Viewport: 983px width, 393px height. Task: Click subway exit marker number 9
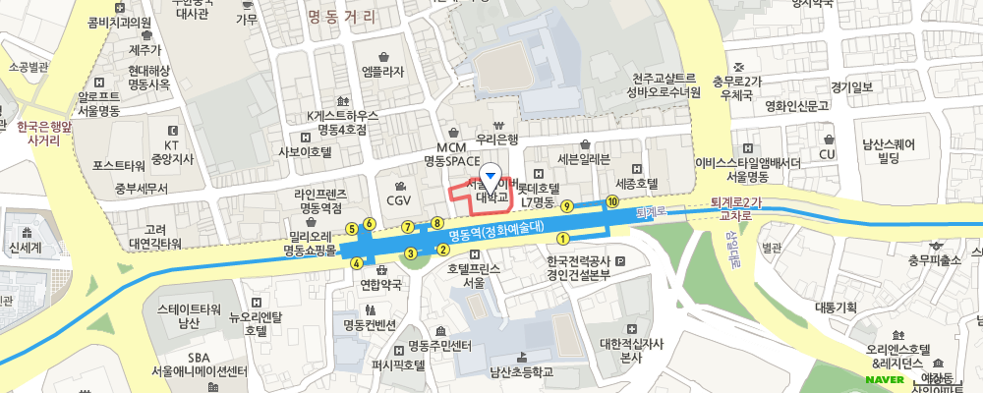coord(566,206)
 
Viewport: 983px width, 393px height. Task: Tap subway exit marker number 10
coord(612,201)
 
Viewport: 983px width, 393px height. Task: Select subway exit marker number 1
coord(563,238)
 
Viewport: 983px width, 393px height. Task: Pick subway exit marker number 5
coord(351,229)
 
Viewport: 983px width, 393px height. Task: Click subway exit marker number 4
coord(356,262)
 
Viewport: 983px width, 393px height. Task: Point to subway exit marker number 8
coord(436,224)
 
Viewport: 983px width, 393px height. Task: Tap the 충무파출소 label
coord(934,260)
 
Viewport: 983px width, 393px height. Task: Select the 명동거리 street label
coord(341,16)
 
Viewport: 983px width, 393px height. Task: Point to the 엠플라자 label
coord(383,71)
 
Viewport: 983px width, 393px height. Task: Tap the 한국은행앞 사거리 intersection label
coord(44,134)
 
